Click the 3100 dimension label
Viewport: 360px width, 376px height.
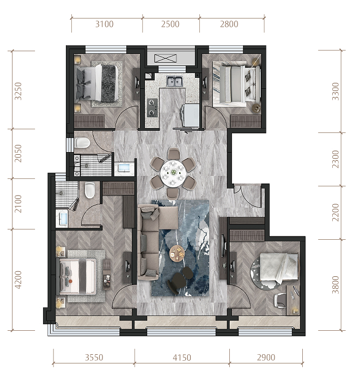click(x=104, y=24)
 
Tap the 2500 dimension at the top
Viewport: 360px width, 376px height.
click(x=170, y=24)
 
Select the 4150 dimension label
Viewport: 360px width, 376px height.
click(x=182, y=357)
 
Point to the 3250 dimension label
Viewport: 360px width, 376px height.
click(x=18, y=91)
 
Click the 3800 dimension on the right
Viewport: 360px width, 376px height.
click(x=335, y=285)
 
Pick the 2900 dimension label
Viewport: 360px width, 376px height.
click(x=266, y=357)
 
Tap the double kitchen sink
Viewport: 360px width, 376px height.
click(x=174, y=81)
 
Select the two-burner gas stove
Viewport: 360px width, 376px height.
click(x=152, y=108)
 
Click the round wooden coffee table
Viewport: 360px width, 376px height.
click(x=177, y=253)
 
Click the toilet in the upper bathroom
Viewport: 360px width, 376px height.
click(x=82, y=142)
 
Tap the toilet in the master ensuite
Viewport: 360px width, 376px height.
click(x=90, y=190)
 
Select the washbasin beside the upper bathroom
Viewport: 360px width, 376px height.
click(x=124, y=168)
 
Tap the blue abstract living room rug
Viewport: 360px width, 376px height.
click(x=180, y=248)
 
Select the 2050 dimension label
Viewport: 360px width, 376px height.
click(x=18, y=154)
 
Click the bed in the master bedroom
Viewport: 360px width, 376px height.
click(x=76, y=276)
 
